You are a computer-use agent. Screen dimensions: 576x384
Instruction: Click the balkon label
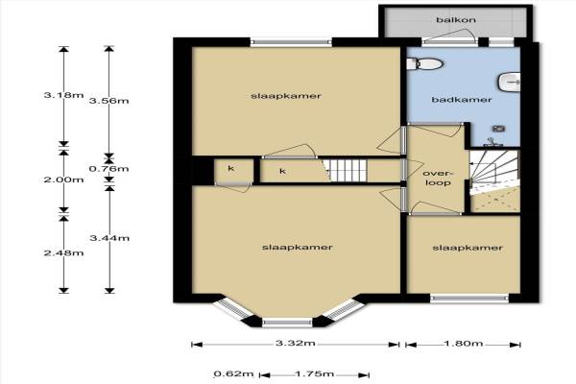[x=456, y=20]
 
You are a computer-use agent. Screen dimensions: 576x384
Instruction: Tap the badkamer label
[x=462, y=100]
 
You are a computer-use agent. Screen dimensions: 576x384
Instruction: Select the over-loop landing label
[x=439, y=178]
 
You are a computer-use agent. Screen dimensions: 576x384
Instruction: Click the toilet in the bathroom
[x=424, y=63]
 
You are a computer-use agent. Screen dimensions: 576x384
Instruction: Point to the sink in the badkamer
[x=509, y=82]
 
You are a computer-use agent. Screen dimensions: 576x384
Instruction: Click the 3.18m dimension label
[x=63, y=95]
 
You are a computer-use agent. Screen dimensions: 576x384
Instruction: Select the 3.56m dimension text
[x=109, y=101]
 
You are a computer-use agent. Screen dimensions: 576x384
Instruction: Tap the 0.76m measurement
[x=109, y=169]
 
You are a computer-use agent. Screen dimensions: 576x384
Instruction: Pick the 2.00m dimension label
[x=63, y=180]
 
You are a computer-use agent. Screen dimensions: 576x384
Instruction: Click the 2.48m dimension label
[x=63, y=252]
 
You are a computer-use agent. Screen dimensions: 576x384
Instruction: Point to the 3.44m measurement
[x=109, y=238]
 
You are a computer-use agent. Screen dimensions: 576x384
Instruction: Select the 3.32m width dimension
[x=296, y=344]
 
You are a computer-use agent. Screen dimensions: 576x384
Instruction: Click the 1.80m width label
[x=464, y=344]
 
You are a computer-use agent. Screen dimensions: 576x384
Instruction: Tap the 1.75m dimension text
[x=315, y=374]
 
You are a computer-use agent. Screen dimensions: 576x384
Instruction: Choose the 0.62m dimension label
[x=233, y=374]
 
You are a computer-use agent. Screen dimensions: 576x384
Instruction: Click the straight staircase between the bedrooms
[x=348, y=171]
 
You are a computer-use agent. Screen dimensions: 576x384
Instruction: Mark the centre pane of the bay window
[x=287, y=323]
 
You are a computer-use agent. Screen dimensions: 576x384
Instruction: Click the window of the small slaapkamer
[x=469, y=298]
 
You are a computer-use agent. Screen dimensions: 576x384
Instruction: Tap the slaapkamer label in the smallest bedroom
[x=468, y=248]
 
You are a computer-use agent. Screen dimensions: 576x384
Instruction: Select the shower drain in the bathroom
[x=498, y=129]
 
